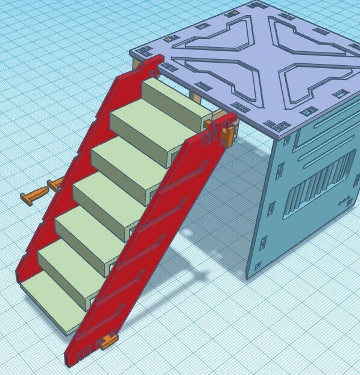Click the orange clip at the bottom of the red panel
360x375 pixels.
pos(109,341)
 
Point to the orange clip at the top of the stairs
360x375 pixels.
pos(227,135)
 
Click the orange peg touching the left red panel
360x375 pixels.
pos(55,184)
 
